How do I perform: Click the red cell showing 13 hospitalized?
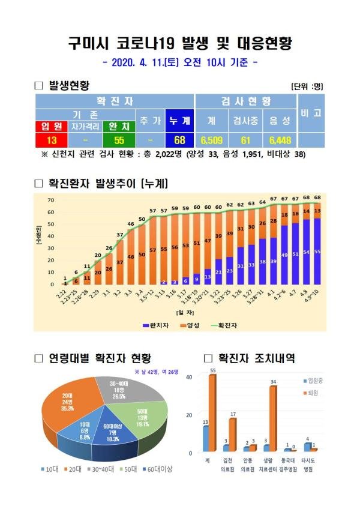coord(52,140)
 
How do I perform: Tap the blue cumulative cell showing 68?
coord(178,140)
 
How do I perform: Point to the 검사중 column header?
coord(245,120)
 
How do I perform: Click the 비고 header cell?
coord(311,112)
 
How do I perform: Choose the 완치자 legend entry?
coord(155,325)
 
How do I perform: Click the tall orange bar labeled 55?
coord(212,414)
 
